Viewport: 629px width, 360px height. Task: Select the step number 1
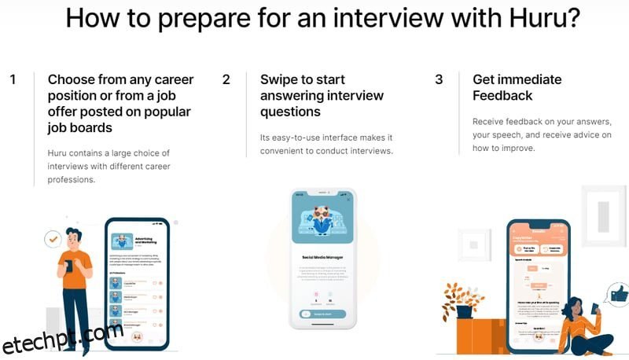coord(13,79)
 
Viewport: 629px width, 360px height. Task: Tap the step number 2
coord(226,79)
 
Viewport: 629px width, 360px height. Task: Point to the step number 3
coord(439,79)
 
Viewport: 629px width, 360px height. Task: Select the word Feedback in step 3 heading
coord(502,96)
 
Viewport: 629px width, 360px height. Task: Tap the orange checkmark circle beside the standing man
coord(53,237)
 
